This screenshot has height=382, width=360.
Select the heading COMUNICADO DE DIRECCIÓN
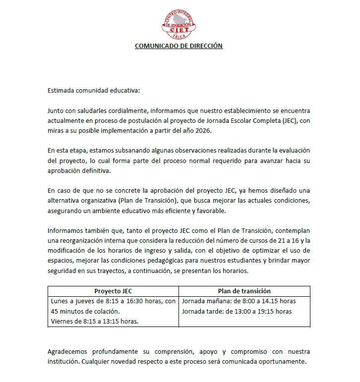180,46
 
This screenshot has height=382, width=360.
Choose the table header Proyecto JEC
113,291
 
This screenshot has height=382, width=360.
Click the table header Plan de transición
244,291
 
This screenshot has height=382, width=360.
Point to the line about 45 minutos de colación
85,311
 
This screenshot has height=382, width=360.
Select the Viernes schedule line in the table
94,321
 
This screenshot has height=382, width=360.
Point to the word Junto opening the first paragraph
57,110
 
